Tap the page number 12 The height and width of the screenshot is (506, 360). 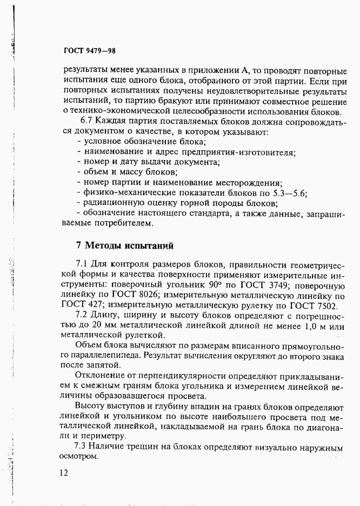coord(64,473)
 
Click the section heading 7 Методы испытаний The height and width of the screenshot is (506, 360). coord(124,245)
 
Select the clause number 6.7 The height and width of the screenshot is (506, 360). coord(87,122)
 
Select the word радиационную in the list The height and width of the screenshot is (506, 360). coord(110,203)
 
